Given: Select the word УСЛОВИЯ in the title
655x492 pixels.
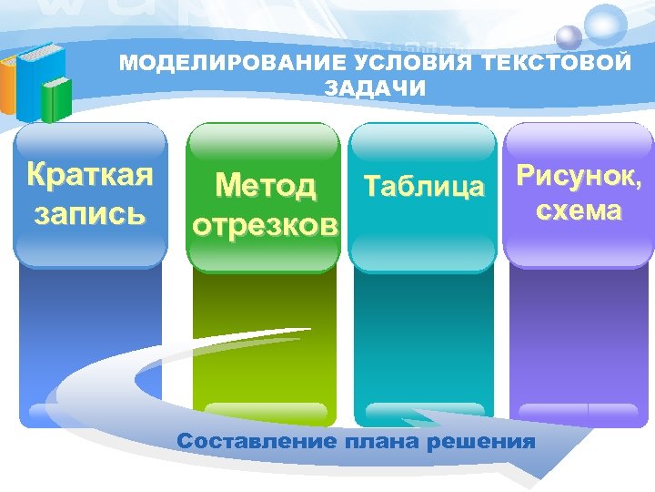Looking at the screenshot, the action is click(392, 64).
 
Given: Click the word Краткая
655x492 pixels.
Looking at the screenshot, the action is click(89, 174).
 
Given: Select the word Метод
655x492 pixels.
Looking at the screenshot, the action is click(266, 187).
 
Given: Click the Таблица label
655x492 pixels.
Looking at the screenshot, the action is click(424, 188).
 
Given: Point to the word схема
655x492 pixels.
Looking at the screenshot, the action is click(579, 211).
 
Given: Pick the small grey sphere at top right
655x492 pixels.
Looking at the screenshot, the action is click(569, 36).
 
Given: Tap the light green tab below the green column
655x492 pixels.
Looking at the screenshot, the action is click(266, 412).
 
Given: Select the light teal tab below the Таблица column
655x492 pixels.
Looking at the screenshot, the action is click(424, 412).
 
